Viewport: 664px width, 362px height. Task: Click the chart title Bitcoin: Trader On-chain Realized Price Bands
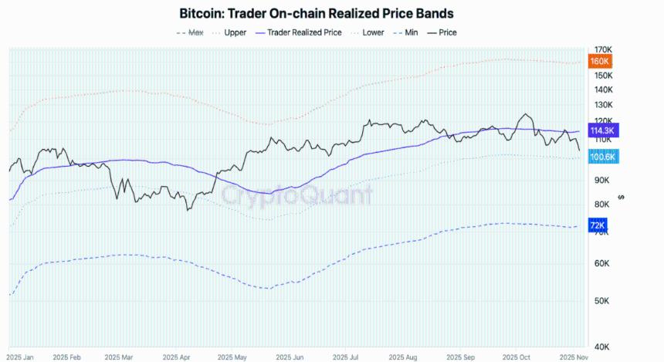(316, 14)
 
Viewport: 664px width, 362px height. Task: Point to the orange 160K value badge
(600, 61)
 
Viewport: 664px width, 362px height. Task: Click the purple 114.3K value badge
(602, 130)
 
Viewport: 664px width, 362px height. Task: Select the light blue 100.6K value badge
(602, 157)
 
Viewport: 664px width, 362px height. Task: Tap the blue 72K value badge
(598, 225)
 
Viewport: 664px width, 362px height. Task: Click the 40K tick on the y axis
(598, 347)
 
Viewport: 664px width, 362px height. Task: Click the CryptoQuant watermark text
(297, 195)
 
